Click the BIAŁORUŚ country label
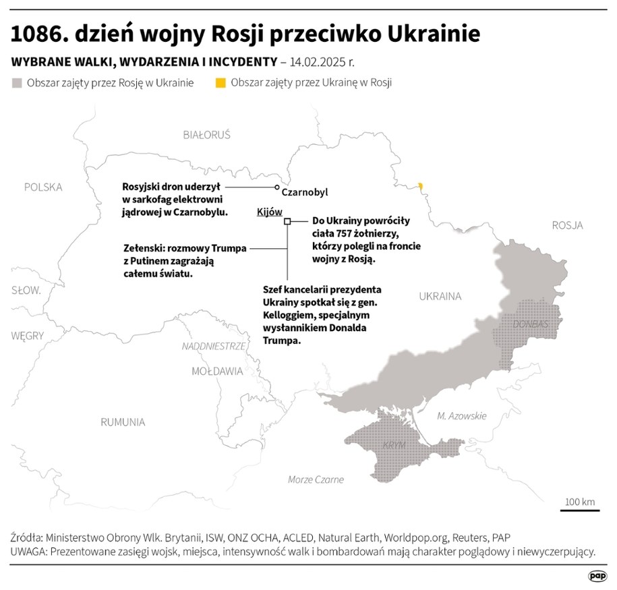click(206, 135)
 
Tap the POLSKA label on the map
click(42, 187)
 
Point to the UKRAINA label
click(440, 296)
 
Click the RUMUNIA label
click(123, 422)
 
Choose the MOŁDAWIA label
click(217, 371)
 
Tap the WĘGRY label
click(28, 335)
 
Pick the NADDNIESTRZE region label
click(213, 346)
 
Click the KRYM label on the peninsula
click(394, 446)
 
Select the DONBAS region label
click(531, 324)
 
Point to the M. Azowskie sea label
click(462, 416)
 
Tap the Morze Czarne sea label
click(316, 479)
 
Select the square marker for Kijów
click(287, 220)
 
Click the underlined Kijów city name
click(270, 212)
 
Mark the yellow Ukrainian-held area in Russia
click(421, 185)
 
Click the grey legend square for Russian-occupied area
click(17, 83)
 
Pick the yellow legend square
click(220, 83)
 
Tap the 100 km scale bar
click(579, 510)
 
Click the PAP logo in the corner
click(597, 575)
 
